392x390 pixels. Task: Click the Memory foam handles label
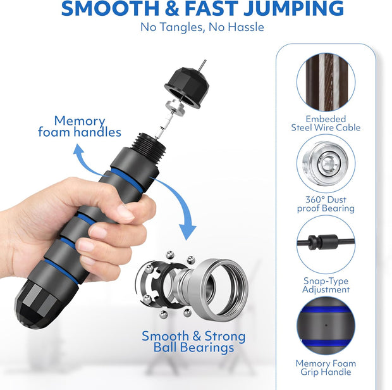[80, 126]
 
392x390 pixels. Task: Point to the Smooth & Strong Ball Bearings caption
[193, 342]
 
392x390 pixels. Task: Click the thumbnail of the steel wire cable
[326, 81]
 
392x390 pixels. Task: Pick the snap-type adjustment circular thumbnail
[326, 243]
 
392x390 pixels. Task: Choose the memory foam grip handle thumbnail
[326, 325]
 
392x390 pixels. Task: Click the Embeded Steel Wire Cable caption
[326, 123]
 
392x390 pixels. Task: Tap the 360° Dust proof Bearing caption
[326, 204]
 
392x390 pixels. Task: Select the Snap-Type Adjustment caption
[326, 285]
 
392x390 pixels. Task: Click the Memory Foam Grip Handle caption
[326, 368]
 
